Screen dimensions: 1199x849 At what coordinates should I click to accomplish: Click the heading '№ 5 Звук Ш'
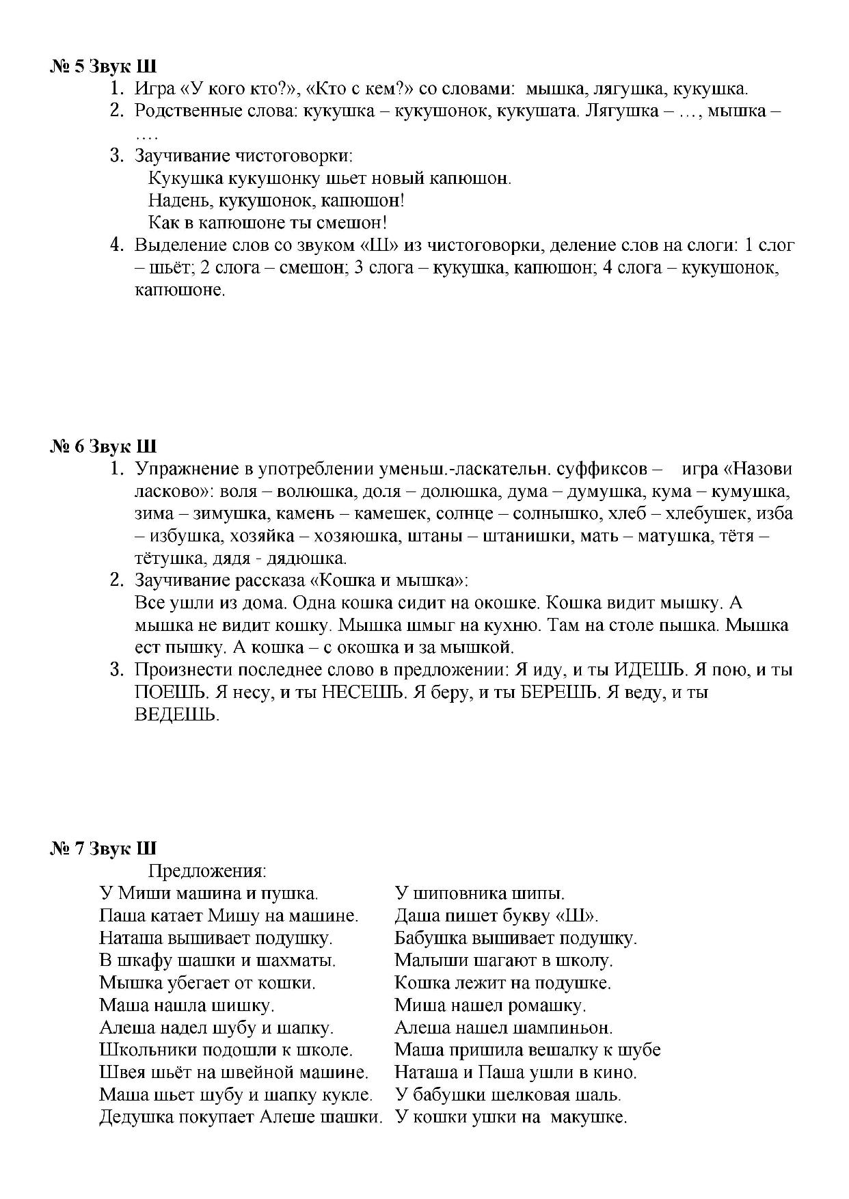(x=103, y=67)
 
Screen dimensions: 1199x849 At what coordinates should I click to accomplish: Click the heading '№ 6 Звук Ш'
(x=103, y=447)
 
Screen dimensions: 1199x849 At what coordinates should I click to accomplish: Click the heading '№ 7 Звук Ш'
(x=103, y=849)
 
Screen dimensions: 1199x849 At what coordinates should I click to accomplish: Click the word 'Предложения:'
(x=207, y=871)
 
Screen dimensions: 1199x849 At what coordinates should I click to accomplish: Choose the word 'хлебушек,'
(x=700, y=514)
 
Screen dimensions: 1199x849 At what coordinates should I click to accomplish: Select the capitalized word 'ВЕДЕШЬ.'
(x=177, y=715)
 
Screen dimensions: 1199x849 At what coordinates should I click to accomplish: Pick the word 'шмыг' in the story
(x=431, y=625)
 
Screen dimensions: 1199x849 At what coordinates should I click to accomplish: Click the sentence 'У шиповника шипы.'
(x=479, y=893)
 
